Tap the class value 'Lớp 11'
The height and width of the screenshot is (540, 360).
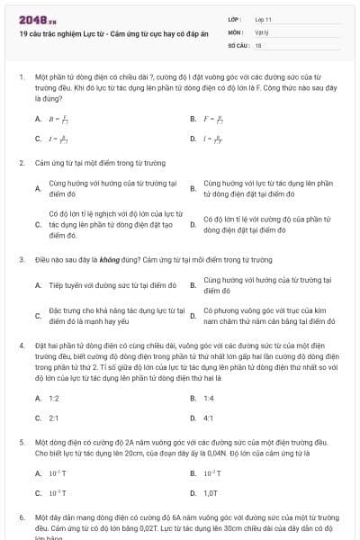coord(263,18)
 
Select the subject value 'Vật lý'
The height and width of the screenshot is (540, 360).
coord(261,31)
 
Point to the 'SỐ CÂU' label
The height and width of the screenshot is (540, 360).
coord(238,44)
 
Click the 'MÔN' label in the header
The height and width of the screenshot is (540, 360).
coord(235,31)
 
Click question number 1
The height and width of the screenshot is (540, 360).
coord(21,78)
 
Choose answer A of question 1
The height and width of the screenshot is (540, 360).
coord(53,118)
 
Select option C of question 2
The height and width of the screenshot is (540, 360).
coord(99,224)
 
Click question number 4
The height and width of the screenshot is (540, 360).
coord(21,346)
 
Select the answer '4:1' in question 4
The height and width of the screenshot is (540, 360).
coord(209,418)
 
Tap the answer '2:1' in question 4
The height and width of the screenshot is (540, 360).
coord(54,418)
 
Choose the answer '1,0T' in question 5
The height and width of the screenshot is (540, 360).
coord(211,492)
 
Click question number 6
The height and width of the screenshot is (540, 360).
coord(21,519)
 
